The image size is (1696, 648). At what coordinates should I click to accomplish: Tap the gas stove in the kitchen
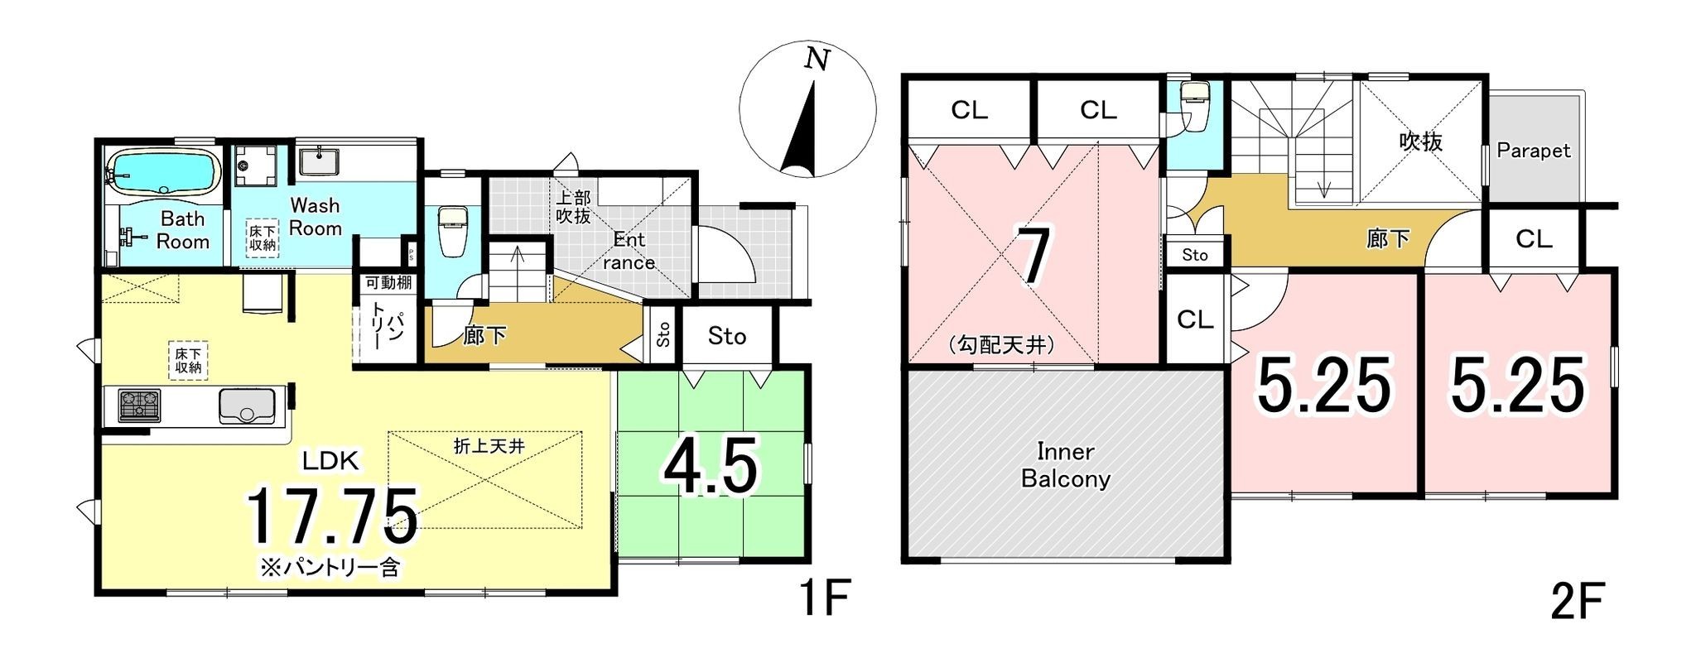pos(140,406)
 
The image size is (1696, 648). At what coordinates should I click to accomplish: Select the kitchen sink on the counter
pos(247,406)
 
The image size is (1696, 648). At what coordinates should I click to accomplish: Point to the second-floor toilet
pos(1192,106)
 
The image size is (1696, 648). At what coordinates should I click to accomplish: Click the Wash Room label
pos(316,217)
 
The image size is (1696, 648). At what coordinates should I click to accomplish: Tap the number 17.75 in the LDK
pos(333,516)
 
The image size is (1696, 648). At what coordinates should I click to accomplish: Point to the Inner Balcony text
pos(1066,465)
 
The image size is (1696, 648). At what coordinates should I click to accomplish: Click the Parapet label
pos(1534,151)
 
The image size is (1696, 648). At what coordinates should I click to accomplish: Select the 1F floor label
pos(824,598)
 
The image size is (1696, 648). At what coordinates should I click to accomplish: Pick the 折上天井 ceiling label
pos(489,446)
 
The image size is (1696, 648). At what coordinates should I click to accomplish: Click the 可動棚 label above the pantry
pos(389,282)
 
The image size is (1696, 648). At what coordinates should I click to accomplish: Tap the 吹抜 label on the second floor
pos(1421,142)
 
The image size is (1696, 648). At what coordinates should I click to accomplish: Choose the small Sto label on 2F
pos(1195,255)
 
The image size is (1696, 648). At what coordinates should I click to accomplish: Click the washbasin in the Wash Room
pos(318,161)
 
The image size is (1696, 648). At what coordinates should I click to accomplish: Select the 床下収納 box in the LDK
pos(189,361)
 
